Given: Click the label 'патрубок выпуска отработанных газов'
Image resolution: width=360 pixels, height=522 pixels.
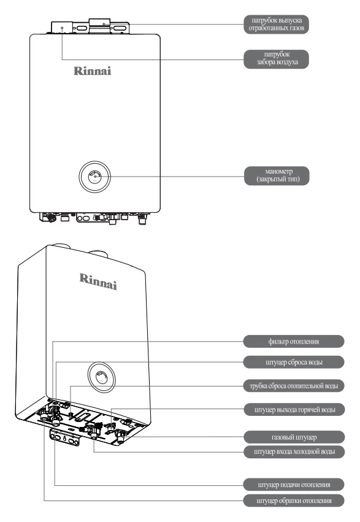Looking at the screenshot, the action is coord(276,25).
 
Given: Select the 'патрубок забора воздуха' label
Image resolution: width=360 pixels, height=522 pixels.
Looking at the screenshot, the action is coord(276,59).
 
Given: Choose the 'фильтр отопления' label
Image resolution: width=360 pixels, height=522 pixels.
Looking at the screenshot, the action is coord(293,342).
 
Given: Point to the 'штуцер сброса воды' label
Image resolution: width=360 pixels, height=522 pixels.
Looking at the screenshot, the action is coord(293,362).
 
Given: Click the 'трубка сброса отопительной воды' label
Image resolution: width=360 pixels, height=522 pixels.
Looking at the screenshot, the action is coord(293,386).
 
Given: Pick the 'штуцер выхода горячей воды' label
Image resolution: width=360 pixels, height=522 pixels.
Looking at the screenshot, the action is coord(294,410).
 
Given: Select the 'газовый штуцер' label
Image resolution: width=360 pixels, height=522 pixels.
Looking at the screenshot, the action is coord(294,437).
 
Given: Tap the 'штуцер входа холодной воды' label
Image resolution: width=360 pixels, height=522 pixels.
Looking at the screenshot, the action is coord(294,451).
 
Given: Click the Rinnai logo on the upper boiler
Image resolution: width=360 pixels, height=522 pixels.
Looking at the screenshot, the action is coord(92,71).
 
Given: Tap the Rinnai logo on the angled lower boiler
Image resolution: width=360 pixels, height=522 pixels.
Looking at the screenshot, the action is coord(98,282).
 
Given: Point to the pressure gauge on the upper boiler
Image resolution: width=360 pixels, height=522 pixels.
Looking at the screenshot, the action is coord(95,177).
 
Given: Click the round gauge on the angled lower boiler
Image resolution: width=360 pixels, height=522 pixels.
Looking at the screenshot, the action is coord(101,377).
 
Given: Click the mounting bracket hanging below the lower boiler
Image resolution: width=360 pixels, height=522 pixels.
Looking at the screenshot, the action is coord(65,438).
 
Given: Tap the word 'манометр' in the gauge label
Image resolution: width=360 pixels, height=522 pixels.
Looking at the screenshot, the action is coord(279,172).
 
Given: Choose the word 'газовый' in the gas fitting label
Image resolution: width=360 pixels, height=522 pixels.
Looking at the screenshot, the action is coord(283,437).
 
